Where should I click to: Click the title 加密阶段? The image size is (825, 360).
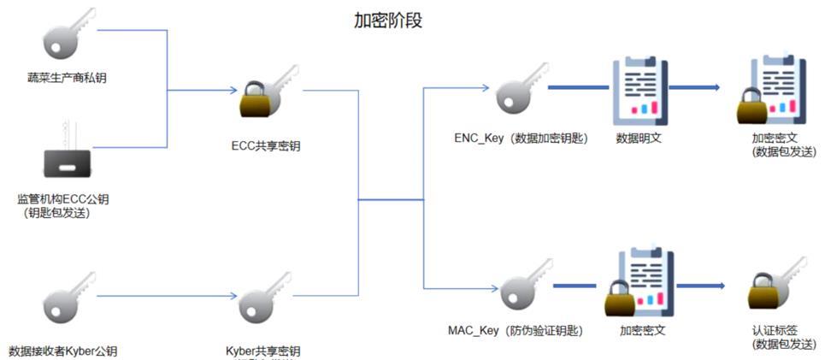pos(388,21)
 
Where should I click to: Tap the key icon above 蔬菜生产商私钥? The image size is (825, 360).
pos(68,35)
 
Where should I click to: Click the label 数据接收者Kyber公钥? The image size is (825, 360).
pos(63,351)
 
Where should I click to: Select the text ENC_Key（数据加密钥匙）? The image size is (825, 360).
pos(522,139)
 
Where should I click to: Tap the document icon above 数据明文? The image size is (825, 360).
pos(639,89)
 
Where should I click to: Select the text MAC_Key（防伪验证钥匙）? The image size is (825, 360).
pos(520,330)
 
